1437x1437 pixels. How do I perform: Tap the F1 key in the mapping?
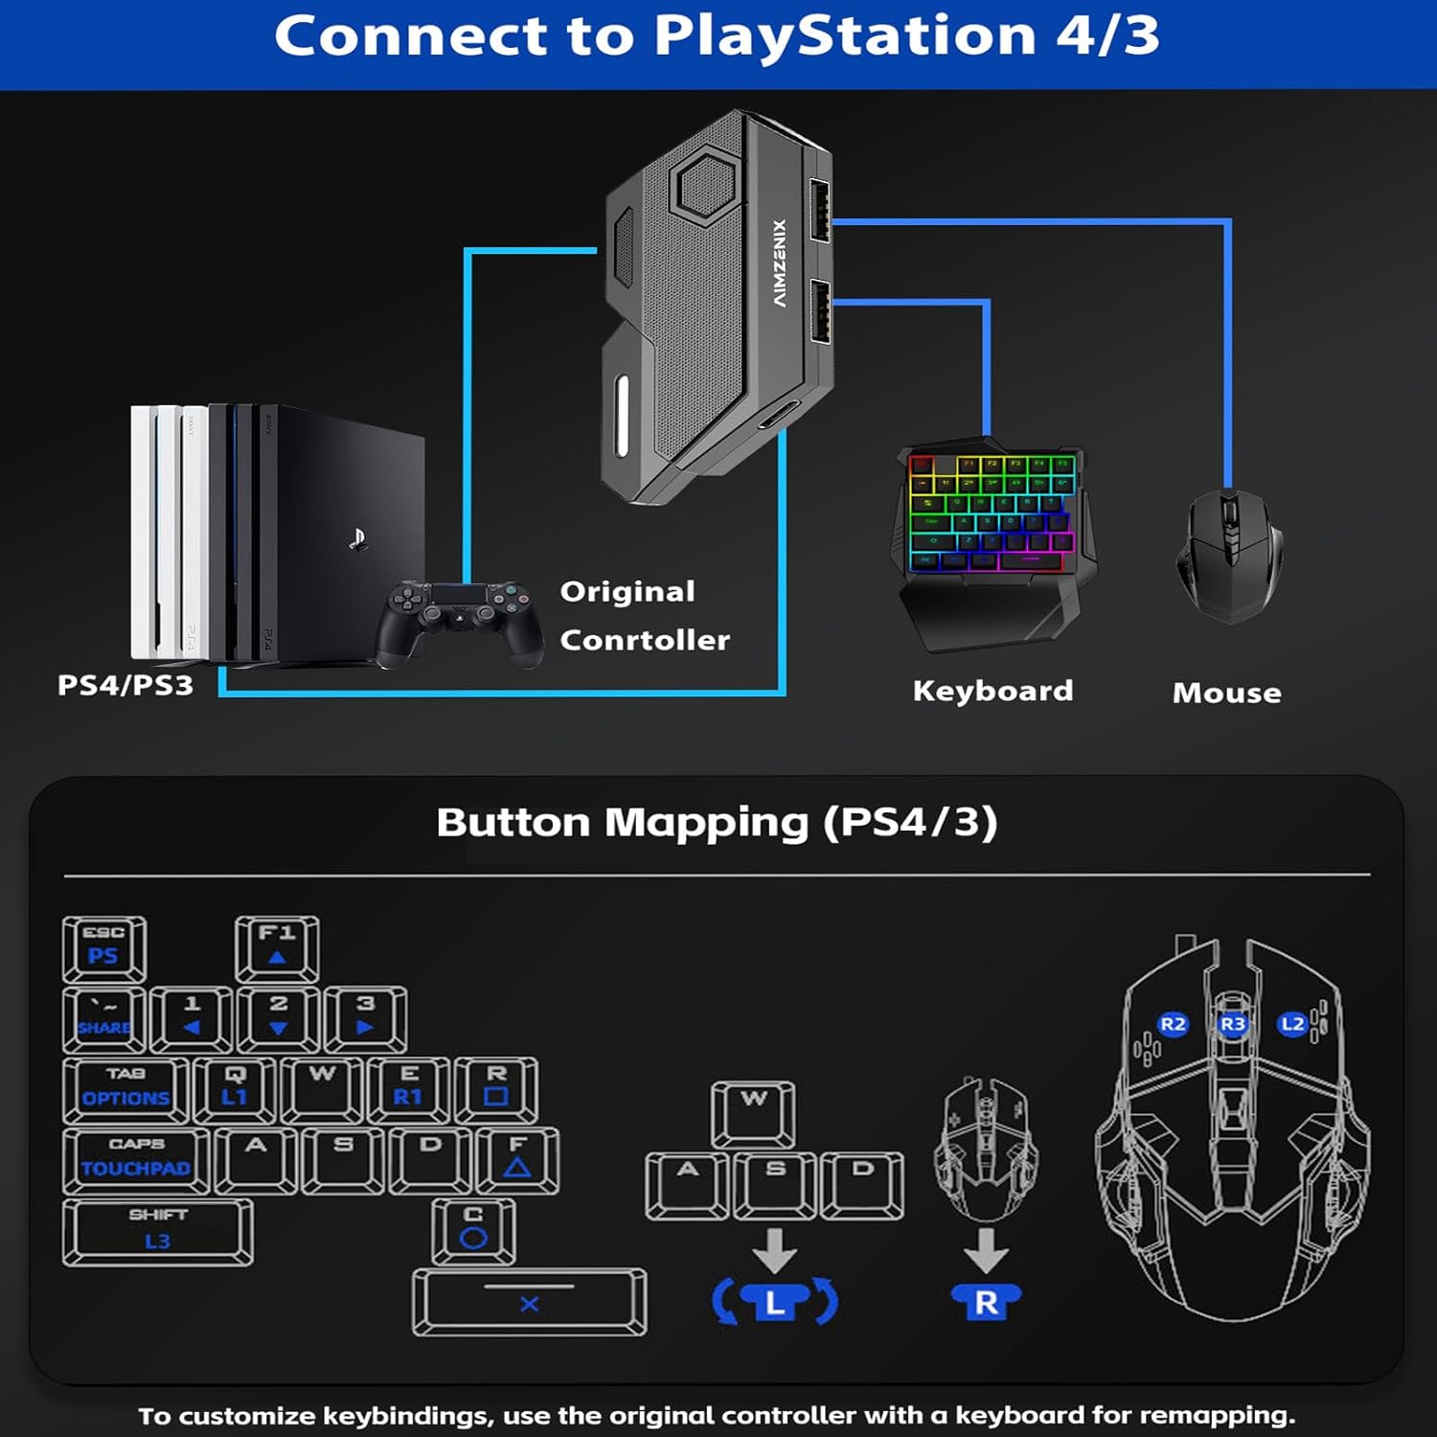[277, 947]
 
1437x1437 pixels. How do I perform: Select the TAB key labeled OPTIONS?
[125, 1088]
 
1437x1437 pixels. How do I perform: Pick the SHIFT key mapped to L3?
[158, 1231]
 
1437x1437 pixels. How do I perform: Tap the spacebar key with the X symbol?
[529, 1302]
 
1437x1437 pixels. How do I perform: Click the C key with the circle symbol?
[473, 1230]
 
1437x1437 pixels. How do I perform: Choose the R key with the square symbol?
[495, 1088]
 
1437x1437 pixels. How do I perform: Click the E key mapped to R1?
[408, 1088]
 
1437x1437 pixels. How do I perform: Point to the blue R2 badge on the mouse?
[1173, 1024]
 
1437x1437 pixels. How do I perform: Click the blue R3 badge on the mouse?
[1232, 1024]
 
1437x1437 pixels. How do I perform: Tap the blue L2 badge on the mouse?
[1292, 1024]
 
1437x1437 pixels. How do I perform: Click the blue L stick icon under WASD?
[775, 1302]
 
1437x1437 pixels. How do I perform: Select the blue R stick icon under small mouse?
[986, 1302]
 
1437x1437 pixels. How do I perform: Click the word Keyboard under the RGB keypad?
[992, 691]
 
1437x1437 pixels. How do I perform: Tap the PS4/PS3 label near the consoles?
[125, 685]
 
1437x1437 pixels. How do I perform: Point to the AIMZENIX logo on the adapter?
[780, 263]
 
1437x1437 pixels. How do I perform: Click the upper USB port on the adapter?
[820, 211]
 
